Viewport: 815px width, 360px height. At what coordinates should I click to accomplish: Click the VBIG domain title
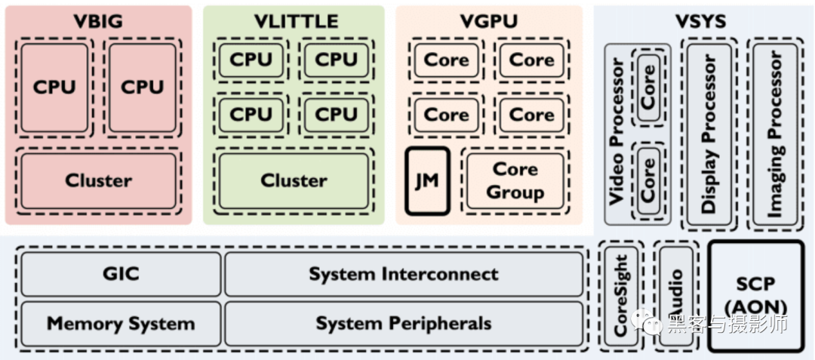tap(98, 20)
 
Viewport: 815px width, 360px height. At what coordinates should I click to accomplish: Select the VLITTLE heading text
tap(295, 20)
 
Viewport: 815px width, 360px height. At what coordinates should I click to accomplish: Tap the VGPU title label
tap(489, 20)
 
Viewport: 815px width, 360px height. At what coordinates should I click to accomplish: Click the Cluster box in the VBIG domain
tap(98, 181)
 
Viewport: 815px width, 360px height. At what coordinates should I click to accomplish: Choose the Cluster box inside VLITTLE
tap(294, 181)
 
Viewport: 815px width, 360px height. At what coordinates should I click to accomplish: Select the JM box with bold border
tap(427, 181)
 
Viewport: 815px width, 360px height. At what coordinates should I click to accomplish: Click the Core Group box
tap(514, 181)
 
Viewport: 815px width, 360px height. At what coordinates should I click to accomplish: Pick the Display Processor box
tap(708, 134)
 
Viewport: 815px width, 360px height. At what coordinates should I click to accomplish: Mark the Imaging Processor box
tap(774, 134)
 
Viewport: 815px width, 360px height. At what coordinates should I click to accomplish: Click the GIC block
tap(121, 274)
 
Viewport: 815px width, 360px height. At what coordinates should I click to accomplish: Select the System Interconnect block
tap(404, 274)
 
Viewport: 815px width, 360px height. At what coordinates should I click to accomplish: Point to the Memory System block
tap(121, 324)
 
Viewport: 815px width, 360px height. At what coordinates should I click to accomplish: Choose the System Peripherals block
tap(404, 324)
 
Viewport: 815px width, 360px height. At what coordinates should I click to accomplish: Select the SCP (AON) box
tap(755, 296)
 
